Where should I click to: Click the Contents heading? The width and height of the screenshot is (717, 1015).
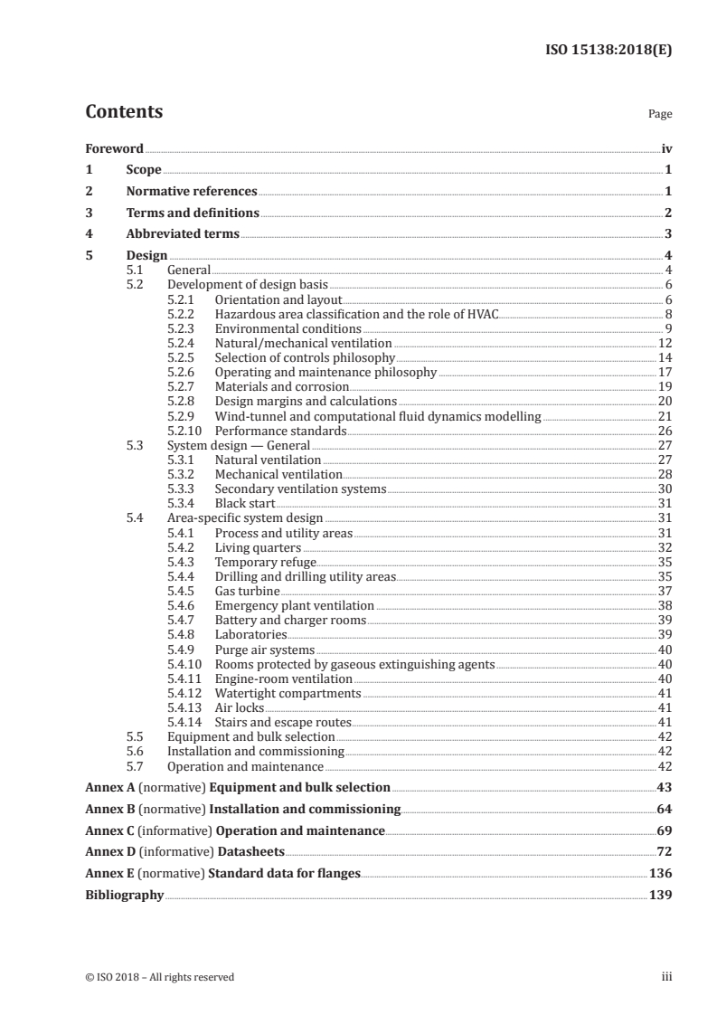(x=124, y=113)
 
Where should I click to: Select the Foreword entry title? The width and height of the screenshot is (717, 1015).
(x=114, y=148)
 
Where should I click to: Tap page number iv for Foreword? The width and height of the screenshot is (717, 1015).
(x=665, y=148)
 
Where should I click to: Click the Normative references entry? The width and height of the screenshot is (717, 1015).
(x=192, y=191)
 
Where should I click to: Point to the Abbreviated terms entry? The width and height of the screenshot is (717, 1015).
(x=183, y=233)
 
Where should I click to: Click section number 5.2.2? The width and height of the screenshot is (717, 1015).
(x=183, y=314)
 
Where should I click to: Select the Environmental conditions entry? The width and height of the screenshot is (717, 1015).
(x=288, y=328)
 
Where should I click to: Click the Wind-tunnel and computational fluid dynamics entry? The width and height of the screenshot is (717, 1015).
(x=377, y=416)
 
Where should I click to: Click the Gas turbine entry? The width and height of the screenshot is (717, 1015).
(x=247, y=591)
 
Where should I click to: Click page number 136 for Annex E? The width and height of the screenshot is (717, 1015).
(x=660, y=873)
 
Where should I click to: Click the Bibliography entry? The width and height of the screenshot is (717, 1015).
(x=124, y=895)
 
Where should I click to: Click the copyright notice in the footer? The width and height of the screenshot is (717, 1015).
(x=159, y=977)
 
